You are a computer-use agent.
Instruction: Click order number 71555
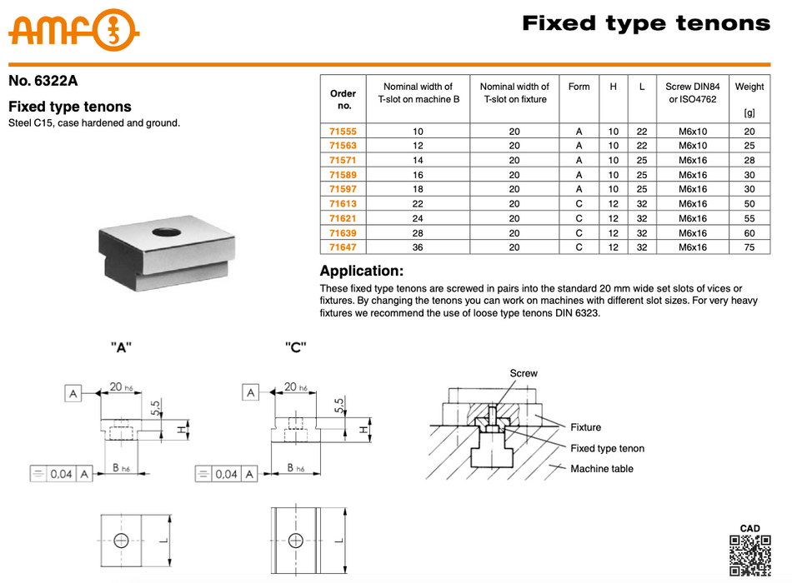tap(343, 131)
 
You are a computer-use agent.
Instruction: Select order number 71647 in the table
tap(343, 247)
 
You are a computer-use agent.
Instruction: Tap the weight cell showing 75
tap(749, 247)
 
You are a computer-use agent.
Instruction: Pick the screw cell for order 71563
tap(692, 146)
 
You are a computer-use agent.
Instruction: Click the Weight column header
tap(749, 87)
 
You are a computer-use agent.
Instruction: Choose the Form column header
tap(579, 87)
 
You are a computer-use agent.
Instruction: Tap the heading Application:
tap(362, 272)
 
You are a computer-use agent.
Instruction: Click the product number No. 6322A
tap(43, 82)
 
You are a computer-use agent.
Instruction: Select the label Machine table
tap(602, 469)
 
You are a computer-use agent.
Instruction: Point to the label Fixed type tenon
tap(607, 449)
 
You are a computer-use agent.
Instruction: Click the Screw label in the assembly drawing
tap(524, 374)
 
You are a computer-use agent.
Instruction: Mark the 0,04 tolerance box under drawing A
tap(62, 474)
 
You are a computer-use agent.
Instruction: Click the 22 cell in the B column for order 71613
tap(418, 204)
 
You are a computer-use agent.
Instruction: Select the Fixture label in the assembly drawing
tap(585, 427)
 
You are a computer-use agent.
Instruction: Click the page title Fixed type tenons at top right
tap(646, 23)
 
